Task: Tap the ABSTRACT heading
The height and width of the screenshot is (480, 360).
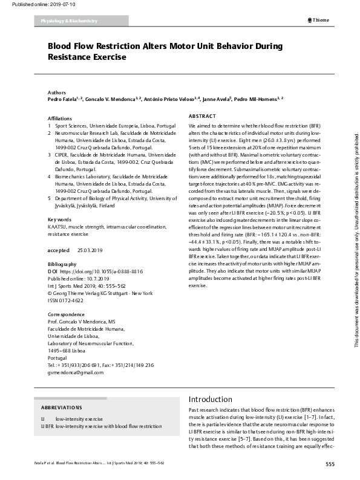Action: [x=203, y=115]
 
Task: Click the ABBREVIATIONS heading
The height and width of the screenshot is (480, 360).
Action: [x=57, y=407]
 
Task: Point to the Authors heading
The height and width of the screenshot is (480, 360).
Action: [x=57, y=91]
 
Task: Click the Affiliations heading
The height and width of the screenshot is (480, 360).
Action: [x=60, y=118]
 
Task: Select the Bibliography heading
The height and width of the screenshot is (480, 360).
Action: [x=62, y=264]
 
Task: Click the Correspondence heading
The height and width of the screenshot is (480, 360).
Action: [x=66, y=314]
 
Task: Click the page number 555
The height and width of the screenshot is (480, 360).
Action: [x=330, y=464]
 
